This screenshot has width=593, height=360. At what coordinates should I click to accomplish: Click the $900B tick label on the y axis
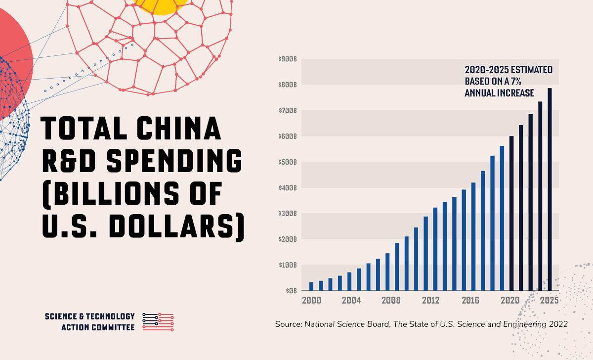click(x=287, y=59)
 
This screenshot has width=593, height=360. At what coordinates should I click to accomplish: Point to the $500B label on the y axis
click(x=287, y=162)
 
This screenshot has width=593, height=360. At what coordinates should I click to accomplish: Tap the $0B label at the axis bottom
click(x=290, y=291)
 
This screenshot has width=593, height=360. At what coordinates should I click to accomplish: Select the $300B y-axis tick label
click(x=287, y=214)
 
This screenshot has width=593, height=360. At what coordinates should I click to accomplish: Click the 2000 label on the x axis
click(x=311, y=300)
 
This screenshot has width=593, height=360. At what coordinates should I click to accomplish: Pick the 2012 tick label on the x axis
click(x=430, y=300)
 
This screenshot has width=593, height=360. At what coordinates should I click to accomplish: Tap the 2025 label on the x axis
click(x=549, y=300)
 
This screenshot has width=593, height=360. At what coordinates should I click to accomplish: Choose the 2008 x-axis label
click(x=390, y=300)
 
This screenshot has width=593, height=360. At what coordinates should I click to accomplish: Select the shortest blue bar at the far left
click(x=311, y=286)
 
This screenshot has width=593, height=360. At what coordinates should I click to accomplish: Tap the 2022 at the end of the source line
click(x=558, y=324)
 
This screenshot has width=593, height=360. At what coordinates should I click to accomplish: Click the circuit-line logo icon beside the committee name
click(x=158, y=322)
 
